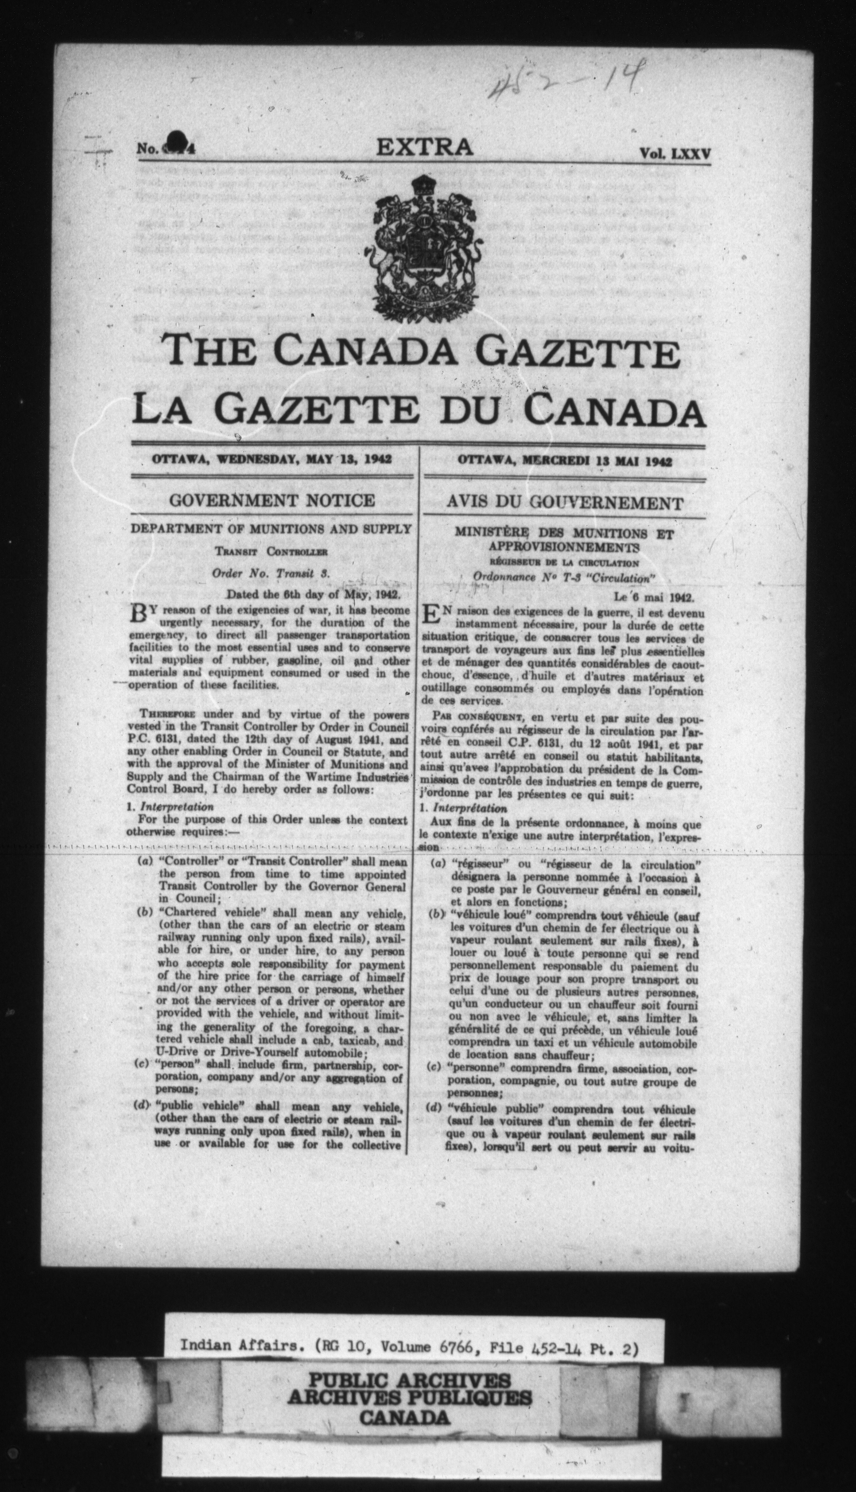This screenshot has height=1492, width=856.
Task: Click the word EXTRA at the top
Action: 425,147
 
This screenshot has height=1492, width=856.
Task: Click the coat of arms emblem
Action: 425,247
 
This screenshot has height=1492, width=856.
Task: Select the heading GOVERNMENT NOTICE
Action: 272,501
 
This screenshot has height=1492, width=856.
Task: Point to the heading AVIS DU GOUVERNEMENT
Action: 564,503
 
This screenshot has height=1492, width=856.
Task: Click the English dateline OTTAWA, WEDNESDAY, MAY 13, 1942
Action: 272,459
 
